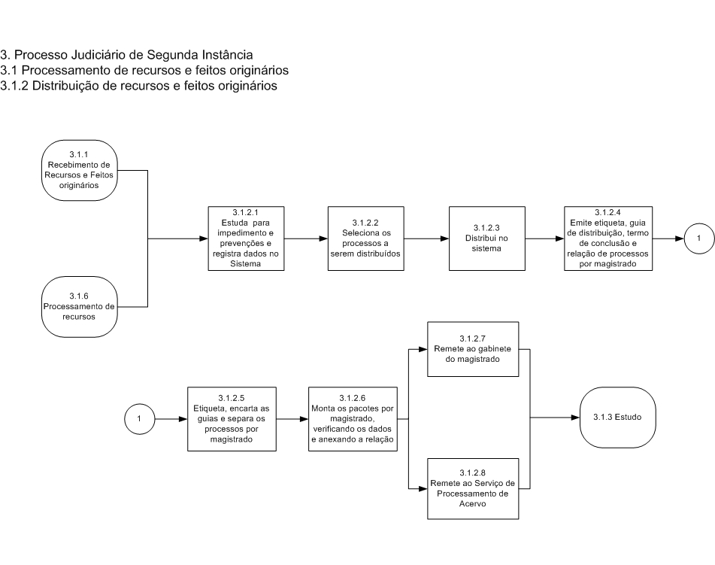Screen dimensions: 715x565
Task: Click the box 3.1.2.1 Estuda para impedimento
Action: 247,238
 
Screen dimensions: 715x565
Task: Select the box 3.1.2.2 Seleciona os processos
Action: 365,238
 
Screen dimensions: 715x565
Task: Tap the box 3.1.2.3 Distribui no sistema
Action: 487,238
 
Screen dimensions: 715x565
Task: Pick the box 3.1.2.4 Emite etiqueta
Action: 608,238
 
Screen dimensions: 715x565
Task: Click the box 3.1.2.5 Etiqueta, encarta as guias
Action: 232,419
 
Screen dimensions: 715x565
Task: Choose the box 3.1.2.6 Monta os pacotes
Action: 353,419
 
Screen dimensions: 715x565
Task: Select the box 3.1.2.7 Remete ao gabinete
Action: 473,349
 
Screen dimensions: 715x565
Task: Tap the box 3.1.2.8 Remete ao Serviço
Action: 473,489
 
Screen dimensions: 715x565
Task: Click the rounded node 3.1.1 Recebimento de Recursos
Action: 80,170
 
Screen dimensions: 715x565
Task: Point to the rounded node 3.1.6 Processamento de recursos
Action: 80,307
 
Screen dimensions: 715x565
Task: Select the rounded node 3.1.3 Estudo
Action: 618,417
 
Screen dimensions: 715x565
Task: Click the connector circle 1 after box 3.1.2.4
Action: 699,238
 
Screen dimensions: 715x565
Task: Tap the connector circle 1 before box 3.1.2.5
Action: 140,419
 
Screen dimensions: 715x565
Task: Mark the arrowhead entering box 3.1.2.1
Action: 204,238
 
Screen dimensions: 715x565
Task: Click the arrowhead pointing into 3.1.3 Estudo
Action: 575,417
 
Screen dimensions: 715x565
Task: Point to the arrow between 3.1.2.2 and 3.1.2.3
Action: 426,238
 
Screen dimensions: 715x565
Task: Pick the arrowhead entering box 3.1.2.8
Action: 423,489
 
